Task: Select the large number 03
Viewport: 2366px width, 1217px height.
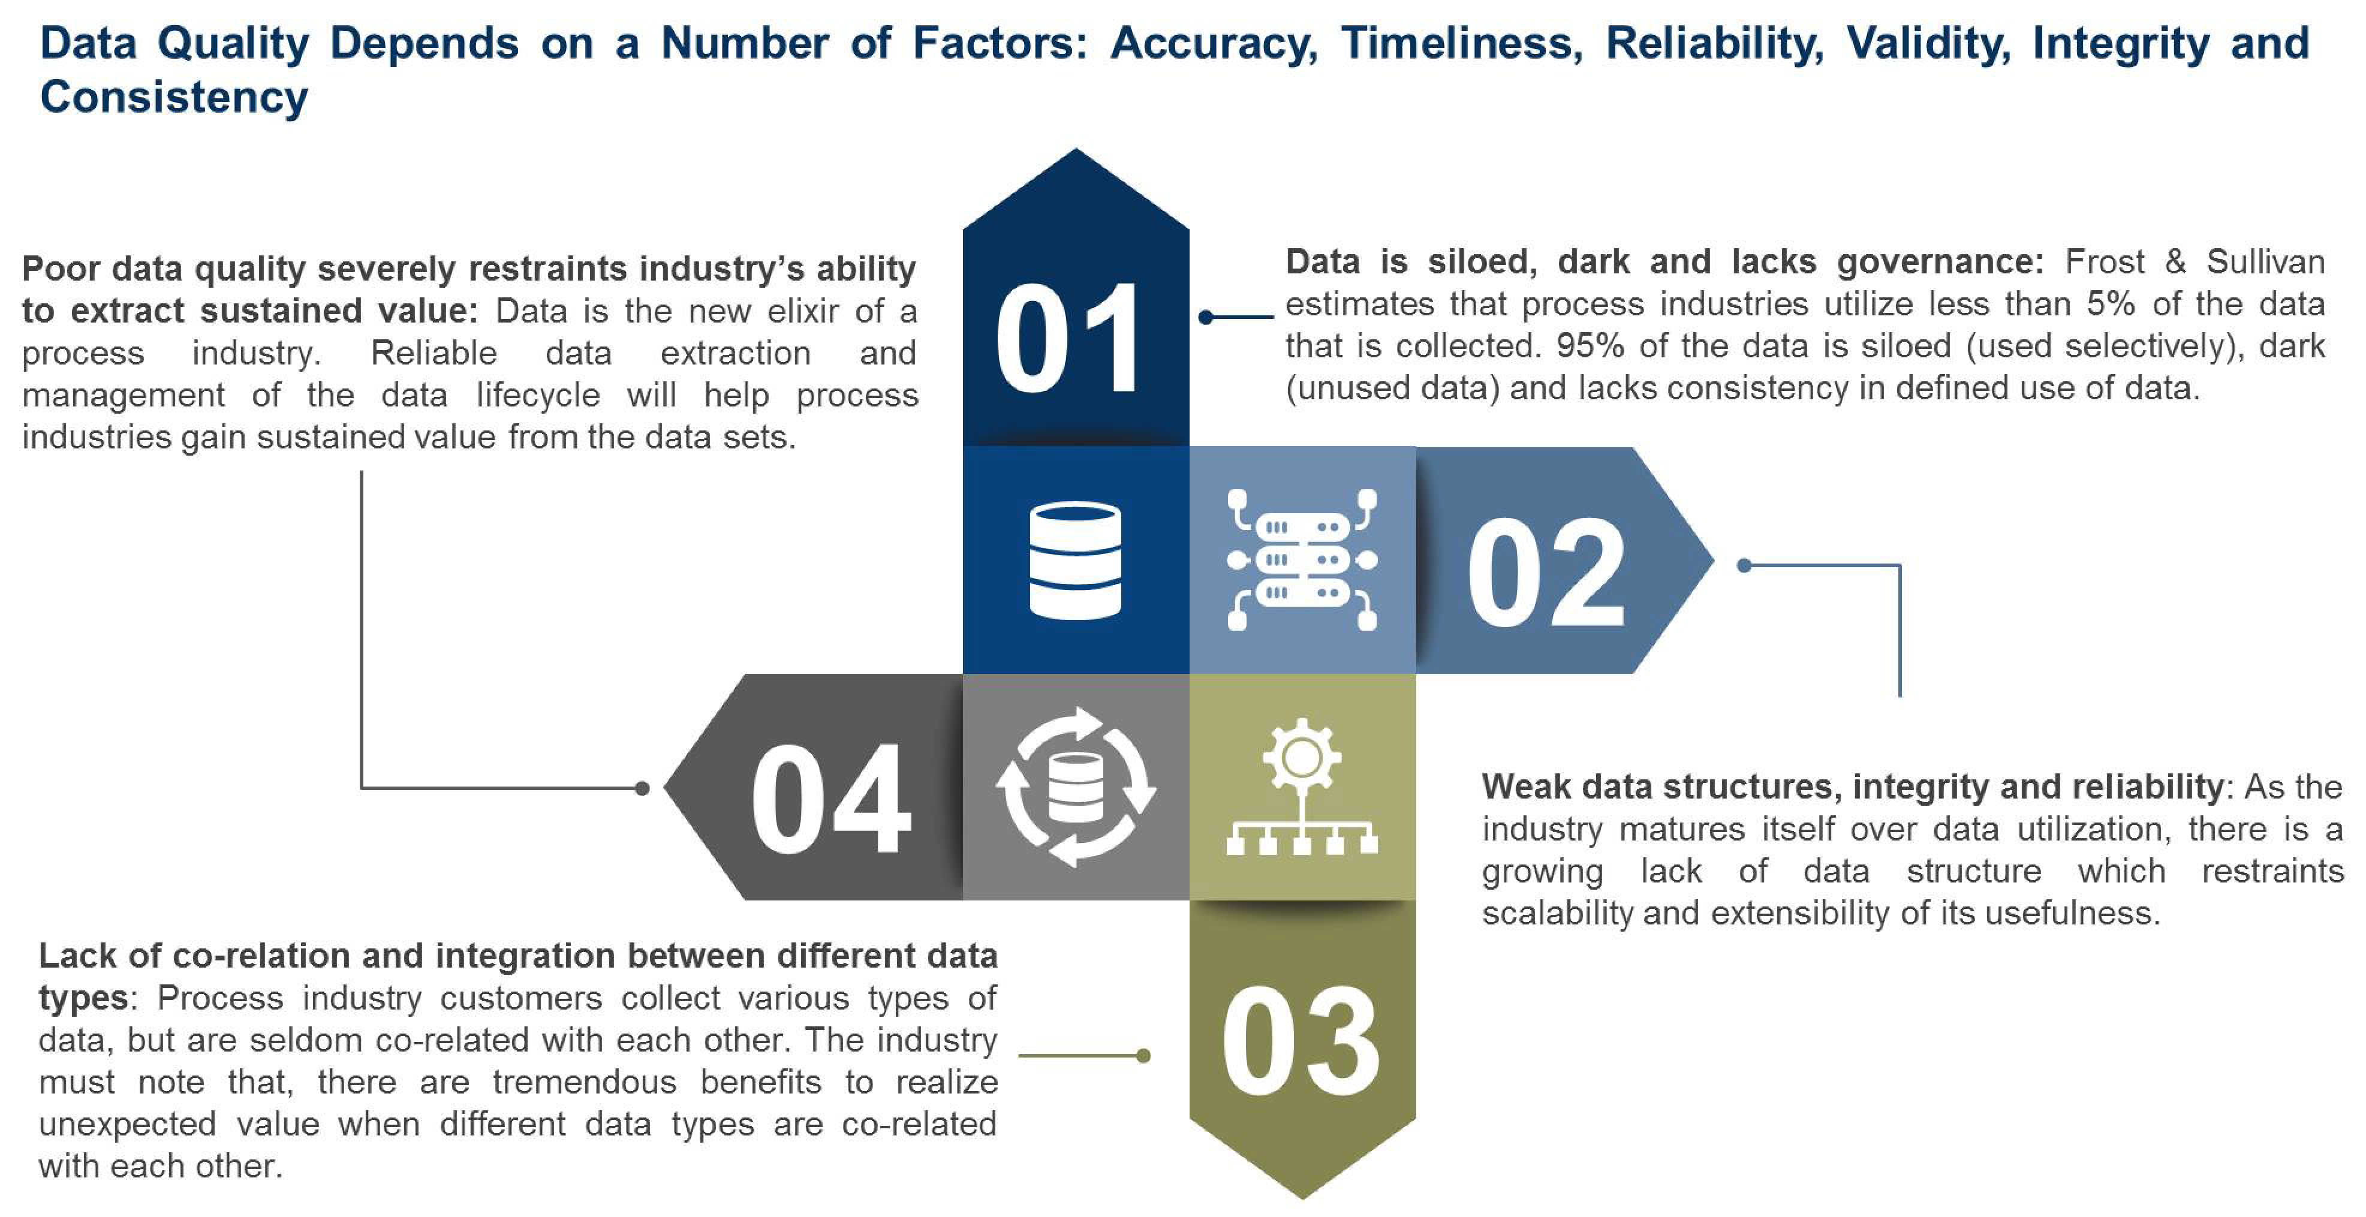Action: coord(1301,1041)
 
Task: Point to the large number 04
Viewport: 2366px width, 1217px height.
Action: coord(830,797)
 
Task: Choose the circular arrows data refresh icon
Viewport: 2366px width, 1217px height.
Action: coord(1076,787)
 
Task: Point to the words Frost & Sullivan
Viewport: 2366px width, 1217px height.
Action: coord(2195,262)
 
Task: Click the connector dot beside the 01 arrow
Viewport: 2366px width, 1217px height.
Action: coord(1206,317)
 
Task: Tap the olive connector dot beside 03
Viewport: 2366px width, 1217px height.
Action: coord(1143,1055)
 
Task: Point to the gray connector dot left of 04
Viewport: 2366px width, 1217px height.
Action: coord(642,788)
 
